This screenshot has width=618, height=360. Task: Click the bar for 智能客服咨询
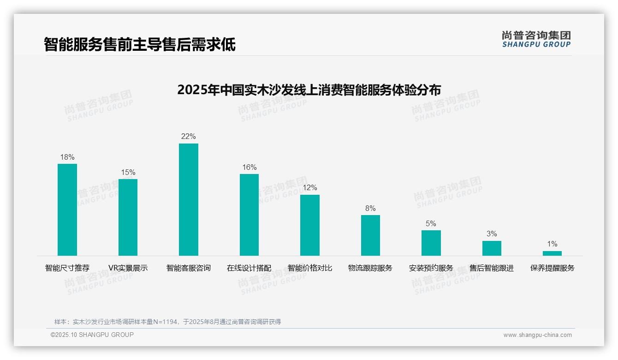(189, 199)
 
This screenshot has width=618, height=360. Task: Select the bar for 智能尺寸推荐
(67, 210)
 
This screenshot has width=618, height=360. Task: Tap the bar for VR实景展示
(128, 217)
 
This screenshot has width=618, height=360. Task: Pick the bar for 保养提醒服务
(552, 253)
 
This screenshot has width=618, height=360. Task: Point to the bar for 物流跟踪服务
(370, 235)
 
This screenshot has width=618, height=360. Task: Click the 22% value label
(189, 136)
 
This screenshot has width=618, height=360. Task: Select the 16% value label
(250, 167)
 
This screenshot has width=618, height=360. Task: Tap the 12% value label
(310, 188)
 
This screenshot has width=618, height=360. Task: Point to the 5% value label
(431, 223)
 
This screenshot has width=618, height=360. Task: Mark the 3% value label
(492, 234)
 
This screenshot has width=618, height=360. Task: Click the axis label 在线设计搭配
(249, 268)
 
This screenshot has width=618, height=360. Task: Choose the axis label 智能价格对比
(310, 268)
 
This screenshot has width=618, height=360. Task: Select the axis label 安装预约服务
(431, 268)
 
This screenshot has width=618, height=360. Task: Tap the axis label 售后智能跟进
(492, 268)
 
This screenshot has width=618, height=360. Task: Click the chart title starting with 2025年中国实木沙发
(309, 90)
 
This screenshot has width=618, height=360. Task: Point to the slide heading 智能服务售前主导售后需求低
(140, 44)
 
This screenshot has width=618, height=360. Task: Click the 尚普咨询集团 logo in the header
(536, 39)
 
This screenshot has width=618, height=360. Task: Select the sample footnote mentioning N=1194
(167, 322)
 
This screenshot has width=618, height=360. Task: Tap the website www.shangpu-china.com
(537, 335)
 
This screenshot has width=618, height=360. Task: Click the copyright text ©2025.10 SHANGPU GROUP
(92, 335)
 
